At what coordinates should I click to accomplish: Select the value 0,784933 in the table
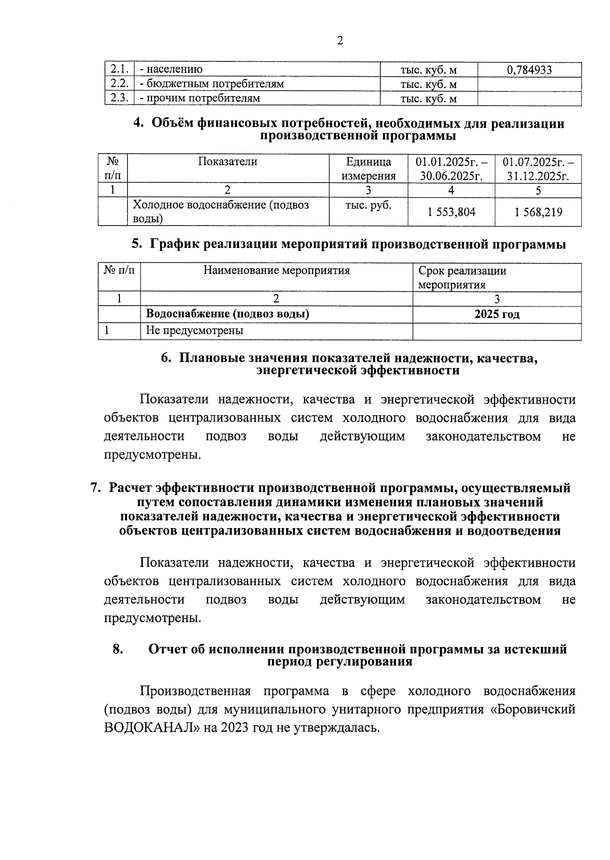pos(529,70)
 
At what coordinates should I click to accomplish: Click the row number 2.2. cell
pos(119,84)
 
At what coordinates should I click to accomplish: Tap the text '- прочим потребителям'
pos(200,98)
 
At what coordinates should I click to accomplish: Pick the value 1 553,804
pos(451,212)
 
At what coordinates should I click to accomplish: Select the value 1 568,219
pos(538,212)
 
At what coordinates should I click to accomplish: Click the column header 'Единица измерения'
pos(369,169)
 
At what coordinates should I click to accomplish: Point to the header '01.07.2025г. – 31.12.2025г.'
pos(538,169)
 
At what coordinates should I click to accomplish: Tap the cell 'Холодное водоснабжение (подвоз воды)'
pos(221,211)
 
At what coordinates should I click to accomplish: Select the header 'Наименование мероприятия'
pos(277,270)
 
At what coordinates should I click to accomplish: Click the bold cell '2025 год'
pos(497,314)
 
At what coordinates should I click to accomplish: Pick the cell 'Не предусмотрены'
pos(195,330)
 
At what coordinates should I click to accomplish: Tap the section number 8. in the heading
pos(118,649)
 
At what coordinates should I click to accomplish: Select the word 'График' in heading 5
pos(171,244)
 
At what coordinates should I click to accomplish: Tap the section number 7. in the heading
pos(95,488)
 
